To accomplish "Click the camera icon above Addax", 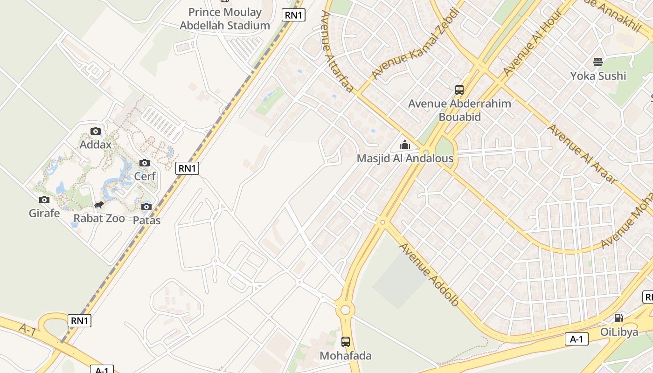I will (x=96, y=131).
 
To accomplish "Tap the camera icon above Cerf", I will (x=145, y=163).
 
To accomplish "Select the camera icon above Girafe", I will (x=44, y=200).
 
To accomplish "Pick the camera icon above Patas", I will (x=146, y=207).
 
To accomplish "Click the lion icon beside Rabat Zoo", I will (x=98, y=205).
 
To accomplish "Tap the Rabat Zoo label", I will (x=99, y=218).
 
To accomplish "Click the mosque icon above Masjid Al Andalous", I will (x=405, y=145).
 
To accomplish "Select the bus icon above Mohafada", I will (x=345, y=342).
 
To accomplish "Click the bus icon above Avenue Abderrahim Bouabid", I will (x=459, y=90).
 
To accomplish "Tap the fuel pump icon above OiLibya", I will (x=619, y=318).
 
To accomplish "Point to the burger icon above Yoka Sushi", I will (x=598, y=62).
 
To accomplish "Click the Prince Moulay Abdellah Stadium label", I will (x=225, y=19).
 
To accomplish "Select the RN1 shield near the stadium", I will (x=294, y=15).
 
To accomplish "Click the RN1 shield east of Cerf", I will (x=187, y=168).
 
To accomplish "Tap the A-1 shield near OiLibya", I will (x=577, y=339).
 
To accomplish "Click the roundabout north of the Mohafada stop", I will (x=345, y=310).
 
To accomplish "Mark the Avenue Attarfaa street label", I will (x=336, y=51).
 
